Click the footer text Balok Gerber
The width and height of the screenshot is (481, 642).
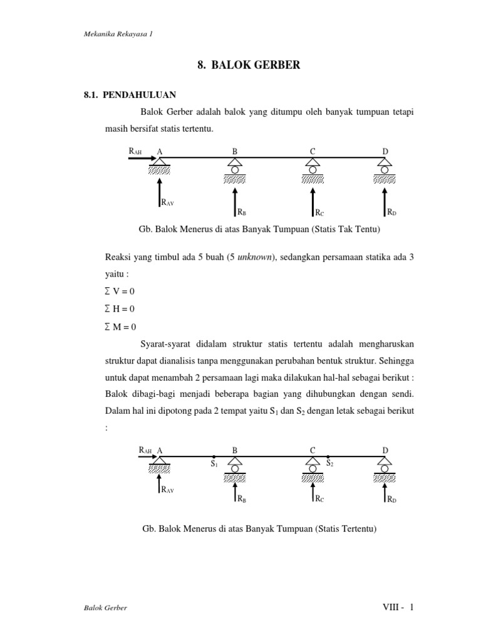(x=106, y=609)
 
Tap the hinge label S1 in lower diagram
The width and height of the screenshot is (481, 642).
(x=214, y=465)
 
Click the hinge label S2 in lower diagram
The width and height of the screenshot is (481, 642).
(x=329, y=464)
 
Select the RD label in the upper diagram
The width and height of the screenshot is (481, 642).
(x=391, y=213)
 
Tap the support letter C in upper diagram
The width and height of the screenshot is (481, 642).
(x=312, y=151)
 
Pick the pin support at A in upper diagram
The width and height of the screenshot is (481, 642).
(x=160, y=165)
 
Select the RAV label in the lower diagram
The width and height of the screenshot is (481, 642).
(x=167, y=490)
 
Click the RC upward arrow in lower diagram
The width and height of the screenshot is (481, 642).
(x=312, y=492)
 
